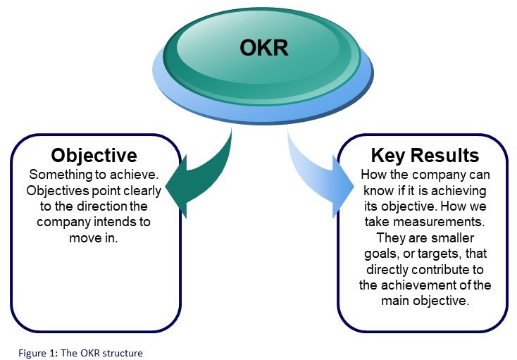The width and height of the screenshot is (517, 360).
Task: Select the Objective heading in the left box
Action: click(x=94, y=154)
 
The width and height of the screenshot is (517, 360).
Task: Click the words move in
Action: click(x=94, y=238)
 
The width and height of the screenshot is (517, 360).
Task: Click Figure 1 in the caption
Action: click(x=27, y=352)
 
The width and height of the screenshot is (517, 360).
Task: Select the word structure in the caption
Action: click(x=123, y=352)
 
